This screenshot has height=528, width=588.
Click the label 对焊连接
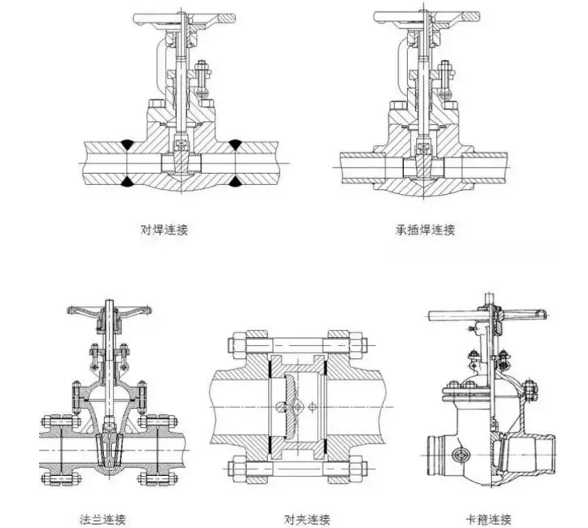click(x=165, y=230)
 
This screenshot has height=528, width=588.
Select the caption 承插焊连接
click(x=425, y=230)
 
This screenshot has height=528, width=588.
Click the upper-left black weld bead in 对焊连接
click(x=128, y=144)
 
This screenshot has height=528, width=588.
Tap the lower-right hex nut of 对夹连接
click(x=355, y=466)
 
